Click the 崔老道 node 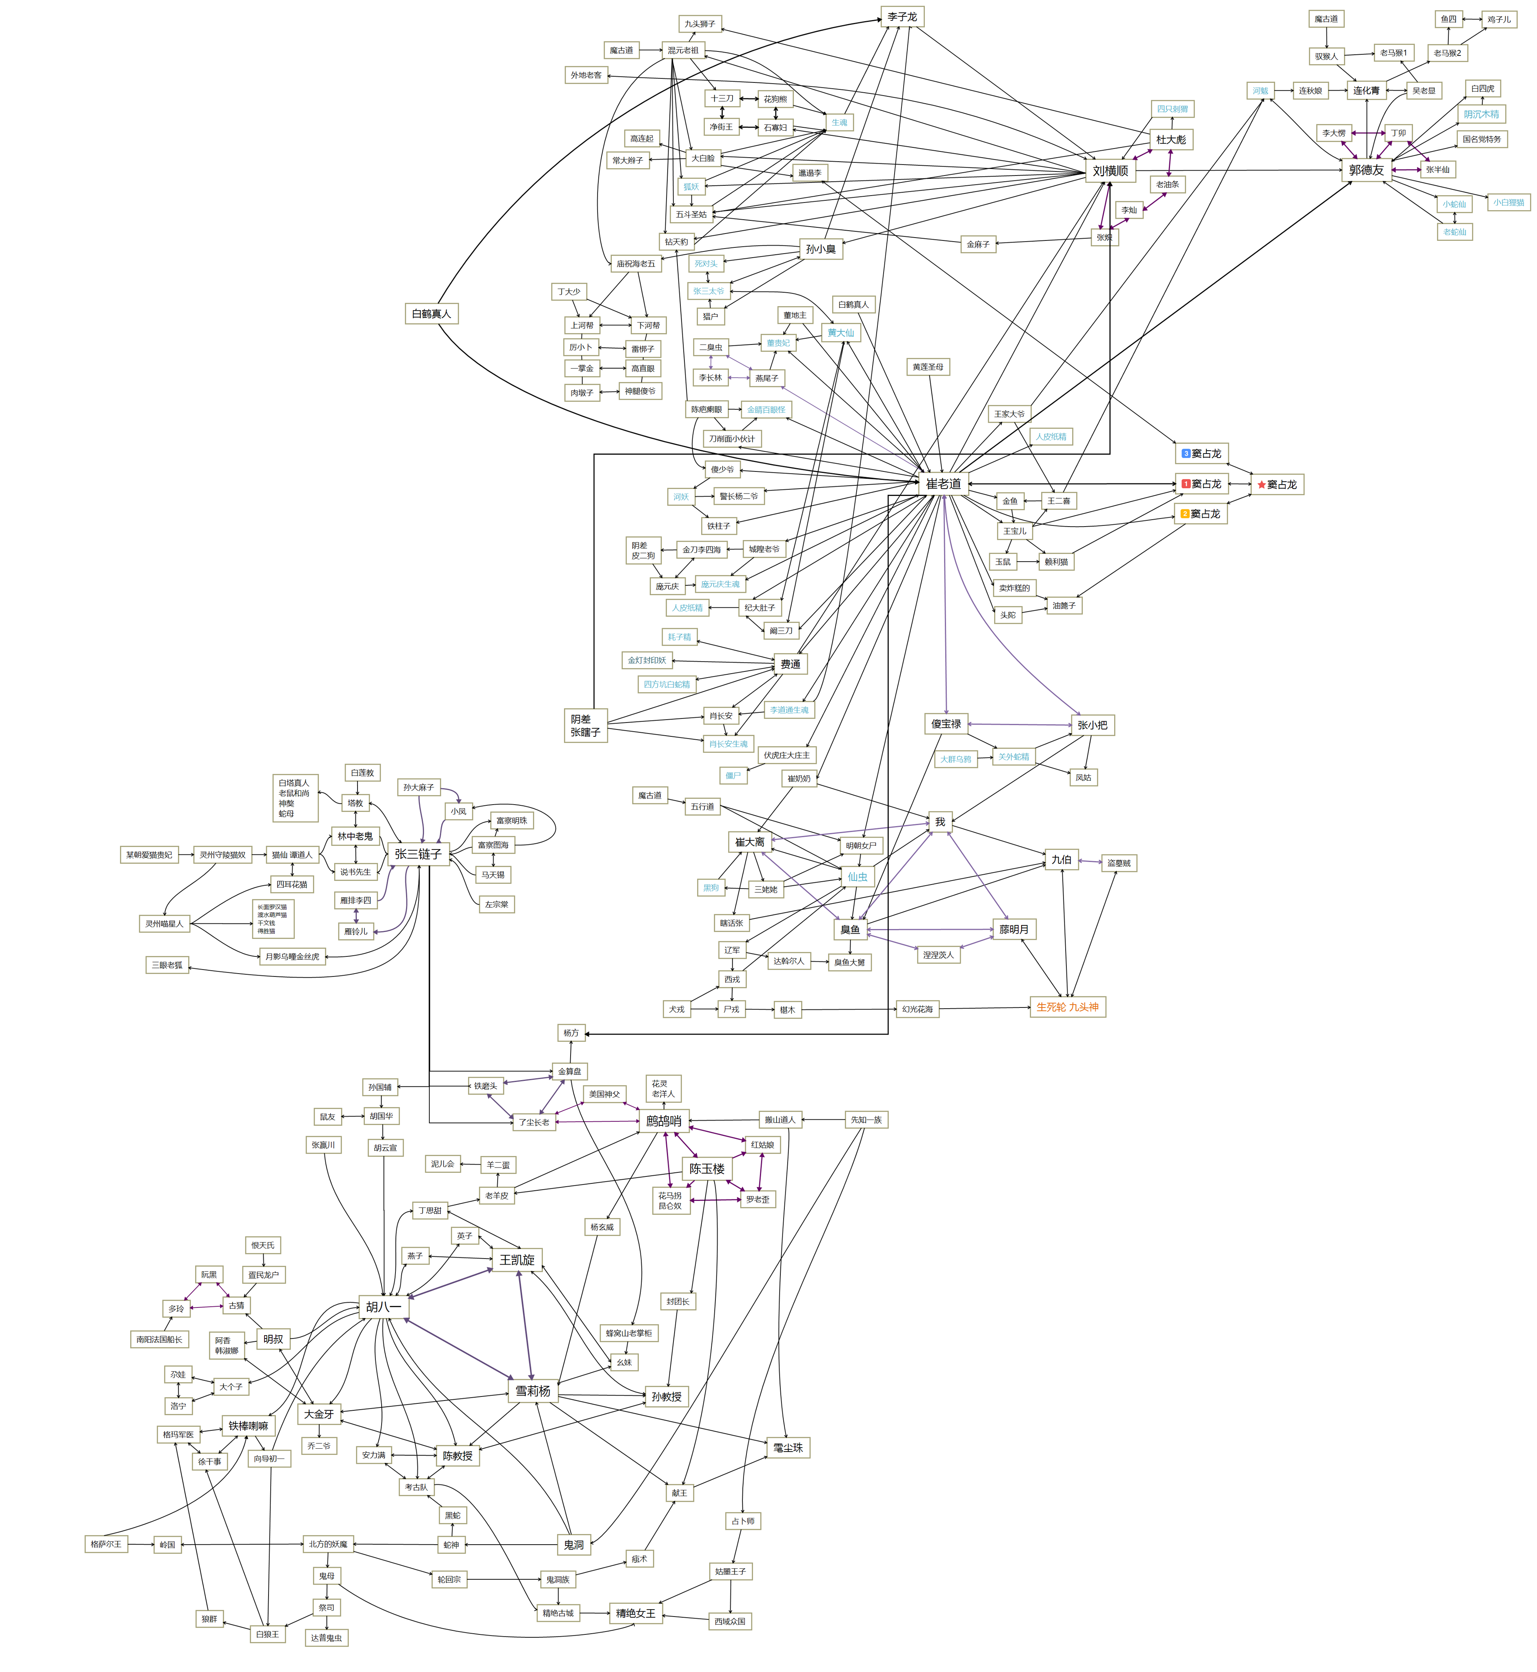943,483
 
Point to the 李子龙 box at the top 902,17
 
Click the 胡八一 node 383,1307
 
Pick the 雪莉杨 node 532,1391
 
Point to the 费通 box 790,664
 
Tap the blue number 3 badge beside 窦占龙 1186,454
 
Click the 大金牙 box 319,1414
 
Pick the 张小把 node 1092,725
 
